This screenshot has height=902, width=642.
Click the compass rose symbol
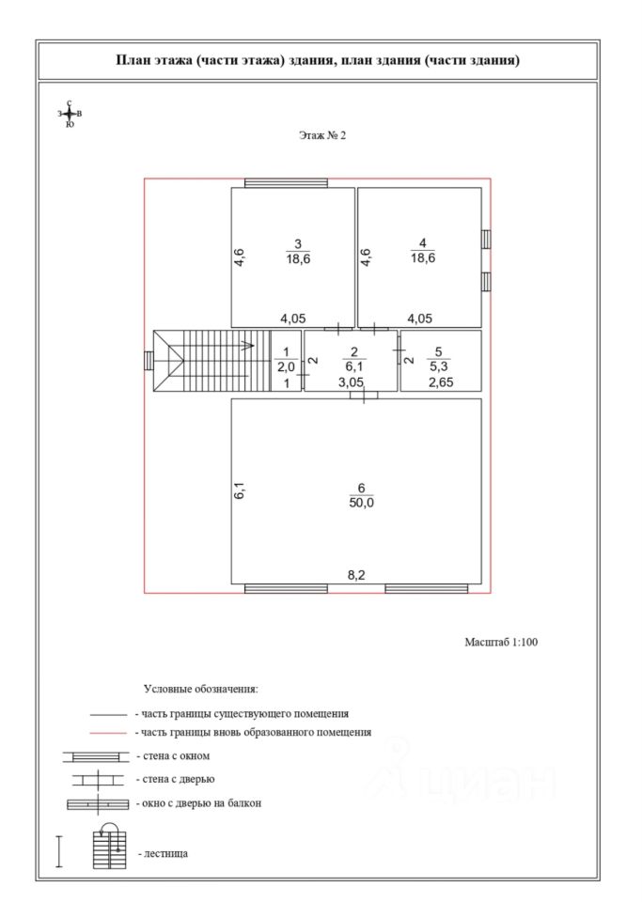pyautogui.click(x=70, y=113)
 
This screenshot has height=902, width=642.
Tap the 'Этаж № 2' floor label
pyautogui.click(x=322, y=135)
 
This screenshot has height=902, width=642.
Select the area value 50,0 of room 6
pyautogui.click(x=361, y=503)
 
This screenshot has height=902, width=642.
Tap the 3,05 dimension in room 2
pyautogui.click(x=351, y=382)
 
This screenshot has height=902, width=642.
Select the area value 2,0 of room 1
pyautogui.click(x=285, y=367)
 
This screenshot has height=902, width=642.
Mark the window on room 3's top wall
pyautogui.click(x=286, y=183)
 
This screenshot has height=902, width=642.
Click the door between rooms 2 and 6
pyautogui.click(x=364, y=395)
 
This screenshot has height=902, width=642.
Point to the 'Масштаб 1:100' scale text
pyautogui.click(x=500, y=643)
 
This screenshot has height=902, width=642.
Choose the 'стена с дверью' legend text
pyautogui.click(x=176, y=779)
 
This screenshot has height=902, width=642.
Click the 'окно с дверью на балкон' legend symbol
pyautogui.click(x=98, y=804)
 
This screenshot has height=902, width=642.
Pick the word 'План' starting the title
pyautogui.click(x=131, y=61)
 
